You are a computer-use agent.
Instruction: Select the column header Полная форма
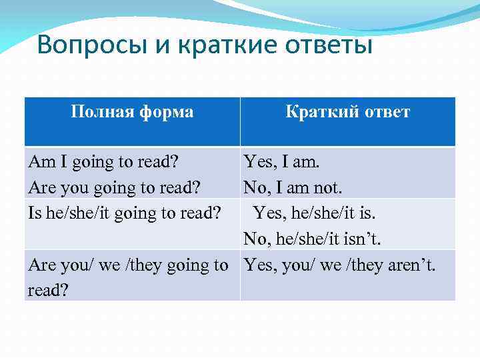coord(132,111)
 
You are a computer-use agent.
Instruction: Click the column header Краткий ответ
coord(347,111)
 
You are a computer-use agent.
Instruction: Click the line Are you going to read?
coord(114,187)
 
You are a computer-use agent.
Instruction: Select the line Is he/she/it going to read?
coord(125,213)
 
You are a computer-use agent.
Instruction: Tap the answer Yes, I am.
coord(282,162)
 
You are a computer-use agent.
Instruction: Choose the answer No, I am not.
coord(293,187)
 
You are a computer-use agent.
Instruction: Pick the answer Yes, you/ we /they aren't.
coord(339,265)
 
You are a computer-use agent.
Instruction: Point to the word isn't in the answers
coord(369,239)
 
